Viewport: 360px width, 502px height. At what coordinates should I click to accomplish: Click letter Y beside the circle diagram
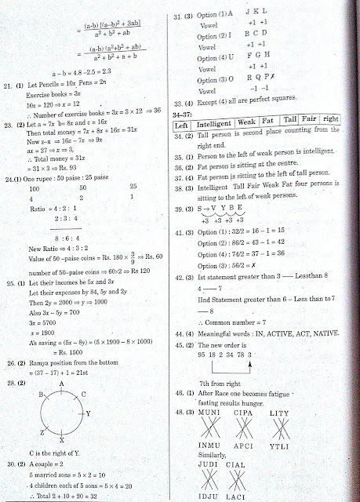point(89,412)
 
